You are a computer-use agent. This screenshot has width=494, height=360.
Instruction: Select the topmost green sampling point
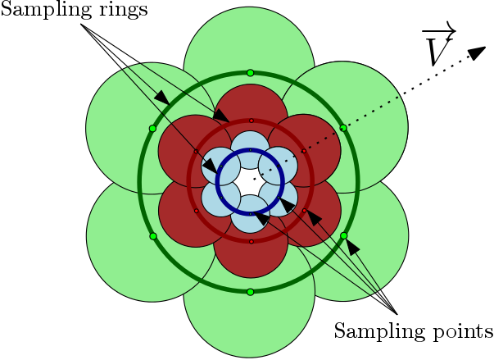point(251,73)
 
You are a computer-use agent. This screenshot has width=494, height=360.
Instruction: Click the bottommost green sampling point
point(251,292)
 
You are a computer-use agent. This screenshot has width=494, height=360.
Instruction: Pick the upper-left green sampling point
point(153,129)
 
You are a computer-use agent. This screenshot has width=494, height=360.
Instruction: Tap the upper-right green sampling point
point(344,128)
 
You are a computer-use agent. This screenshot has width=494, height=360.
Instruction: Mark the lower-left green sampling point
point(153,237)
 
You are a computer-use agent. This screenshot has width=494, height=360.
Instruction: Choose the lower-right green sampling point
point(344,237)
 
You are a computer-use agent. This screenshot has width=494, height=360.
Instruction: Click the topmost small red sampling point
point(251,121)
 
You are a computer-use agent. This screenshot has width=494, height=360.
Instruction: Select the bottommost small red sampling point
point(251,242)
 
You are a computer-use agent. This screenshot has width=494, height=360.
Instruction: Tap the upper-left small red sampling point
point(196,152)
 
